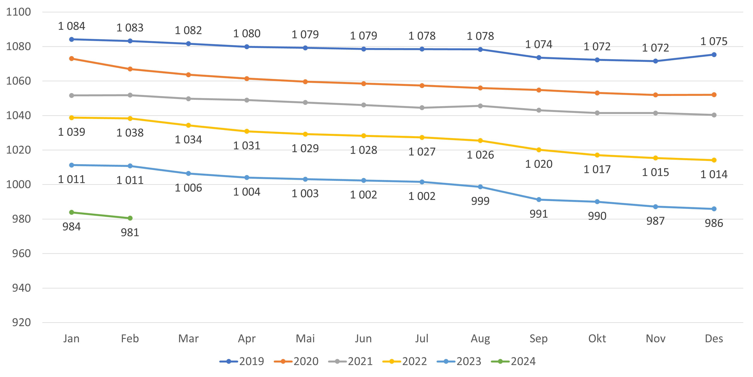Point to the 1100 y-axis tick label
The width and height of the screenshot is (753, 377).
(18, 12)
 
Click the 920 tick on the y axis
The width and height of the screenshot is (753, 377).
(21, 323)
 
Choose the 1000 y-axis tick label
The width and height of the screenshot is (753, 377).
(18, 184)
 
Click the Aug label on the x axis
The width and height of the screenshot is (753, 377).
(480, 339)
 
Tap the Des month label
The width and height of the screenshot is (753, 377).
(714, 339)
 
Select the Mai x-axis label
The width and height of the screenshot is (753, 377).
(305, 339)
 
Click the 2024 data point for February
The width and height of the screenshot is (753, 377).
(130, 218)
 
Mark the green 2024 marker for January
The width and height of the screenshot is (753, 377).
(72, 212)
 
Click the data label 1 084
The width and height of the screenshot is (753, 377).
(72, 26)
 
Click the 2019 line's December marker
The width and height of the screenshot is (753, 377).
(714, 55)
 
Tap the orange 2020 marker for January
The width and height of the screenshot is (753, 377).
(72, 59)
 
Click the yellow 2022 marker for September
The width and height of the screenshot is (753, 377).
(539, 150)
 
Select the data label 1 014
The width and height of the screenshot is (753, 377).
(714, 174)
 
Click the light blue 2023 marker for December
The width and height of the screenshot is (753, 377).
(714, 209)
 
